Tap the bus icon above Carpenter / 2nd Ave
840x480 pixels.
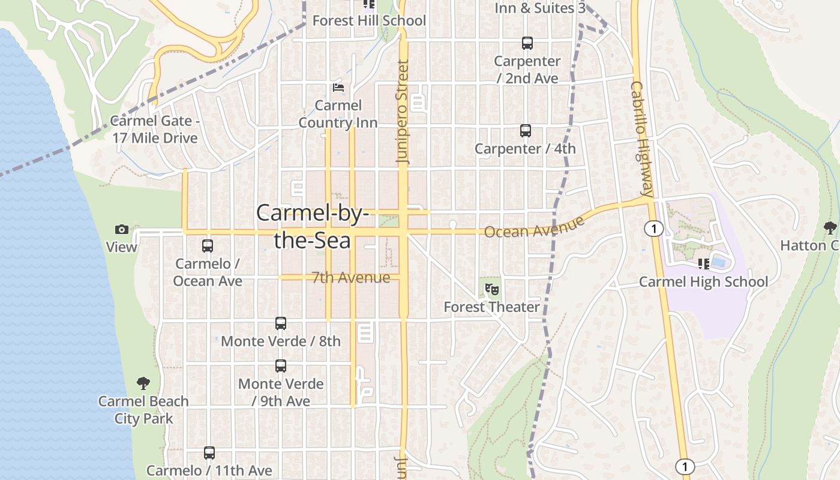[527, 43]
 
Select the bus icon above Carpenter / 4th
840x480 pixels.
[526, 130]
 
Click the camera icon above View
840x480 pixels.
[122, 229]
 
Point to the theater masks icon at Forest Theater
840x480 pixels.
[492, 289]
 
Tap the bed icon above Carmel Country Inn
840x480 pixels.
[338, 88]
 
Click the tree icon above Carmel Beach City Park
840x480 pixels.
[143, 383]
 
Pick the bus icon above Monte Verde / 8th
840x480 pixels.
[280, 323]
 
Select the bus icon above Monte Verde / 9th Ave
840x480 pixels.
[280, 365]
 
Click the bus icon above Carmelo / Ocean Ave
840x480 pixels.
[208, 245]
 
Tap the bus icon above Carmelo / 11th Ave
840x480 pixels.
[209, 453]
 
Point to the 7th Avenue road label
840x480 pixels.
[351, 277]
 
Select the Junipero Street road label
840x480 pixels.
[403, 112]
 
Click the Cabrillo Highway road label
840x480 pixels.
[641, 139]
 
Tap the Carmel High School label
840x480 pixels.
[703, 281]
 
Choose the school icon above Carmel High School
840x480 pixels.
[704, 263]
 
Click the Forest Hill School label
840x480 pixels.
[369, 20]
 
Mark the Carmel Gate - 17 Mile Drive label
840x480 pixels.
[155, 130]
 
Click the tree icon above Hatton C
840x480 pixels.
[830, 228]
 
